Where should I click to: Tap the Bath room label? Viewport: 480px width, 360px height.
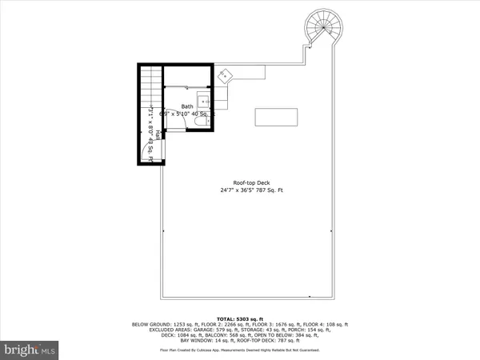point(187,106)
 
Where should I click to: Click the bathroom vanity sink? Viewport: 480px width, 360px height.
point(204,102)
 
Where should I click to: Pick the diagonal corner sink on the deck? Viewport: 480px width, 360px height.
point(226,75)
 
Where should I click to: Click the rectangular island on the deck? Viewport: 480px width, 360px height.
point(276,117)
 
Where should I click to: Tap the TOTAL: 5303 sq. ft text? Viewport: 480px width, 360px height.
point(240,318)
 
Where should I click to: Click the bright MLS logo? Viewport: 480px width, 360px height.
point(29,350)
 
